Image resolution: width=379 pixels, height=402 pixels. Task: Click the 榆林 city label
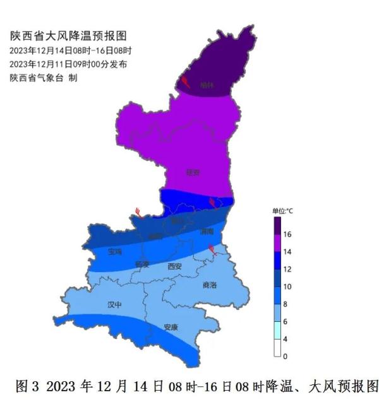[207, 85]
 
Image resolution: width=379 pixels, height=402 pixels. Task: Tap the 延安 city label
[193, 172]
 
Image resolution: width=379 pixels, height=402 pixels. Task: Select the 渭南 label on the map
[207, 232]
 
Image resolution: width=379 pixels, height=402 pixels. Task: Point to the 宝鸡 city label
[114, 252]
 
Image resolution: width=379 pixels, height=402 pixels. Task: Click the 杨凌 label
[142, 264]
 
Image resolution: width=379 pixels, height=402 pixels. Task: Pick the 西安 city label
[175, 266]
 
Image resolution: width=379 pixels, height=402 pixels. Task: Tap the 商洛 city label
[210, 285]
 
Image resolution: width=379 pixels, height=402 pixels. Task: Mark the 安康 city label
[171, 327]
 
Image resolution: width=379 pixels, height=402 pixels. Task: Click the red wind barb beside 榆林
[186, 81]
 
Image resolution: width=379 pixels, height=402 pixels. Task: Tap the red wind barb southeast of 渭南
[214, 251]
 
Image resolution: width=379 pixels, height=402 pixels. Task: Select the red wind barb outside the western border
[138, 213]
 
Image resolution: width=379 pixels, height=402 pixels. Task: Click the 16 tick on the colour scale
[287, 234]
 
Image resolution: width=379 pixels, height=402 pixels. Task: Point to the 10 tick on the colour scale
[287, 287]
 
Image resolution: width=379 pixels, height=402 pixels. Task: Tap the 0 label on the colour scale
[286, 357]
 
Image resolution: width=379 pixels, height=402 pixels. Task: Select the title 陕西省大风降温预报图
[63, 37]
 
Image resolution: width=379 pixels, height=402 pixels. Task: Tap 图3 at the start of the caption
[23, 385]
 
